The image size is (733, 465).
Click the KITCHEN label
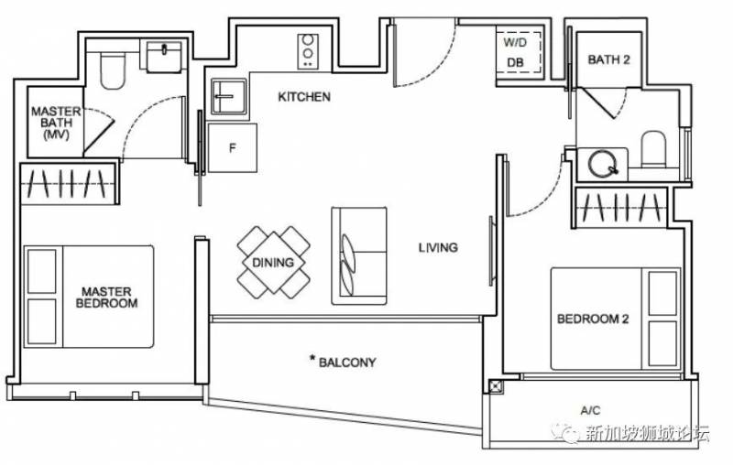(x=304, y=97)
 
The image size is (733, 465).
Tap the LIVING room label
(x=438, y=247)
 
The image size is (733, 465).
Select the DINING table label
(x=273, y=263)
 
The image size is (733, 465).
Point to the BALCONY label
(x=343, y=362)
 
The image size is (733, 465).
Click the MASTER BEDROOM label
(x=106, y=297)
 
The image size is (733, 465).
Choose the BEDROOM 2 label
(x=593, y=319)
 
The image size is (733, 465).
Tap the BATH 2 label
(x=608, y=59)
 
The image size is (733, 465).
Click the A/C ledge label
(x=590, y=410)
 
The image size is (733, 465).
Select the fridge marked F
(x=233, y=148)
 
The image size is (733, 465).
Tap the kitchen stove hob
(x=308, y=52)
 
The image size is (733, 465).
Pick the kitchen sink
(x=228, y=97)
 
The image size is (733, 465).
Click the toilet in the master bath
(x=112, y=70)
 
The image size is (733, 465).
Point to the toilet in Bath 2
(x=653, y=149)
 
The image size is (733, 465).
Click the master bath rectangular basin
(x=164, y=57)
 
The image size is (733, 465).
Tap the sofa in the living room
(x=359, y=256)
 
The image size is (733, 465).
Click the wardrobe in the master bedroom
(x=68, y=184)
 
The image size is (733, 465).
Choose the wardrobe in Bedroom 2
(x=622, y=208)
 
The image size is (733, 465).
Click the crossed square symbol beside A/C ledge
(x=496, y=387)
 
